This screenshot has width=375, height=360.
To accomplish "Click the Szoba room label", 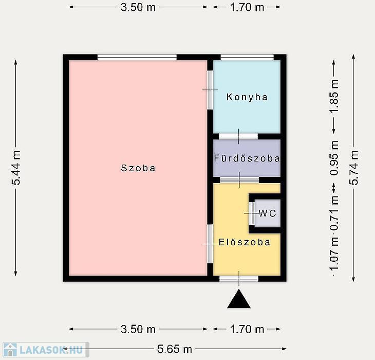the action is (138, 168).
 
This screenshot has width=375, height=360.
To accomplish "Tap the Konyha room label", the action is (247, 97).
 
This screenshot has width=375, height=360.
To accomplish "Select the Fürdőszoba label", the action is (247, 158).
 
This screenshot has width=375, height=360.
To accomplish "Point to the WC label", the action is (267, 213).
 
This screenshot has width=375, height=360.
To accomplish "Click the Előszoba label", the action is (245, 242).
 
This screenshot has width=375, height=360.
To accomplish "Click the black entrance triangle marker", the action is (239, 299).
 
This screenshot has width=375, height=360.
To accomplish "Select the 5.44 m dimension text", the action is (16, 168).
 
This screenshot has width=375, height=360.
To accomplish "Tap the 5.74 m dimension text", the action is (354, 168).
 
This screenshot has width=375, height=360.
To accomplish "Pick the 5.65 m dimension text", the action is (175, 349).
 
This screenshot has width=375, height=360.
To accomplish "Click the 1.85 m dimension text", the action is (334, 96).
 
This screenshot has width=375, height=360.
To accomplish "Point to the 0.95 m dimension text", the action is (334, 158).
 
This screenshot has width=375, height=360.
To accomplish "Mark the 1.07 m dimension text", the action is (334, 254).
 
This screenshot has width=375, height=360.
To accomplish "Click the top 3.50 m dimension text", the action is (138, 7).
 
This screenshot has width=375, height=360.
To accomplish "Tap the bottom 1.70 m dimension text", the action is (247, 329).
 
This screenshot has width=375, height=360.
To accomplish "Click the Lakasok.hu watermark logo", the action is (45, 350).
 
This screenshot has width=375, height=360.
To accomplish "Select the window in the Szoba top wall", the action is (137, 57).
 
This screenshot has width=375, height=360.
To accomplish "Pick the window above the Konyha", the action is (247, 57).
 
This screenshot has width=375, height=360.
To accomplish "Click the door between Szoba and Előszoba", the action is (210, 244).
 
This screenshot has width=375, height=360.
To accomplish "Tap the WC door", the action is (252, 213).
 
